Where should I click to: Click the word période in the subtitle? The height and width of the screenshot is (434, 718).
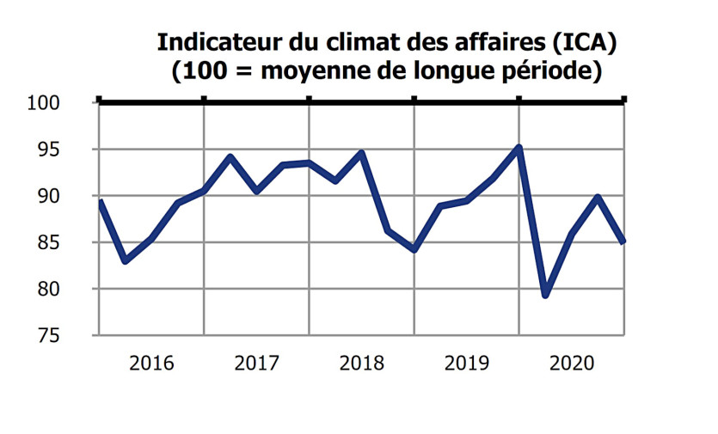click(x=550, y=71)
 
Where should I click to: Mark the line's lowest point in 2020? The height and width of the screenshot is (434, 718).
click(x=545, y=295)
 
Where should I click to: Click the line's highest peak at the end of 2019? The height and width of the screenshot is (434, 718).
click(x=519, y=148)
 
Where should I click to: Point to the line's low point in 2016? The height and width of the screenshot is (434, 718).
click(x=126, y=260)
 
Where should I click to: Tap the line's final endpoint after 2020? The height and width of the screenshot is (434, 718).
click(x=623, y=241)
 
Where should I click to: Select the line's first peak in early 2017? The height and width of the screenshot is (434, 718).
click(x=230, y=157)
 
